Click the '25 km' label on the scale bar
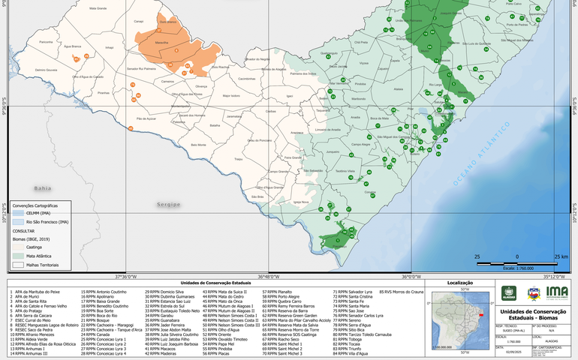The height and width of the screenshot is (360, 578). (561, 256)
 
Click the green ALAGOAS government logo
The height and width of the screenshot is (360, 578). (510, 294)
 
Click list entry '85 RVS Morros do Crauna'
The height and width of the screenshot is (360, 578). (402, 291)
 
